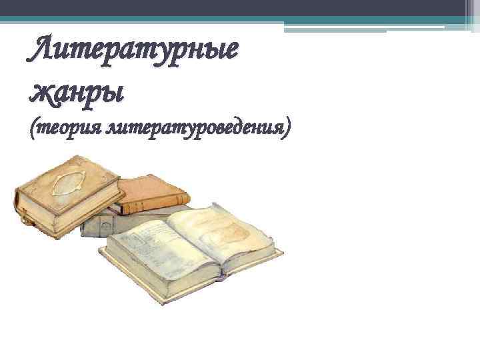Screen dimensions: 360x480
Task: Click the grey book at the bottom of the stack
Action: coord(100,225)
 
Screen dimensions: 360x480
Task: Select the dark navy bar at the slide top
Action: coord(240,7)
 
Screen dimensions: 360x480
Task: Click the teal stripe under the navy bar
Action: coord(240,18)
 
